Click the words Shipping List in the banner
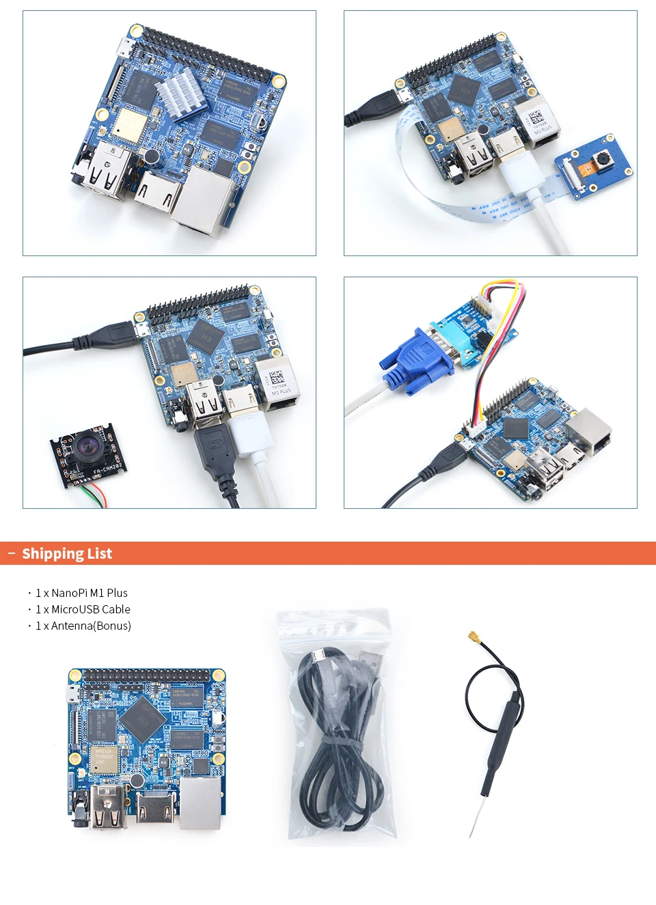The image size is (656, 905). pyautogui.click(x=67, y=554)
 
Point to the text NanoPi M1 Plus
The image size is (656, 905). pyautogui.click(x=90, y=593)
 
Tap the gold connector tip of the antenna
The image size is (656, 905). pyautogui.click(x=471, y=639)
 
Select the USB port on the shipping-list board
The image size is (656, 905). pyautogui.click(x=108, y=806)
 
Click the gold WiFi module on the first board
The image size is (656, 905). pyautogui.click(x=129, y=126)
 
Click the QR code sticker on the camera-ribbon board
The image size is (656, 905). pyautogui.click(x=537, y=116)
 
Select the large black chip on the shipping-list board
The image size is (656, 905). pyautogui.click(x=142, y=718)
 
